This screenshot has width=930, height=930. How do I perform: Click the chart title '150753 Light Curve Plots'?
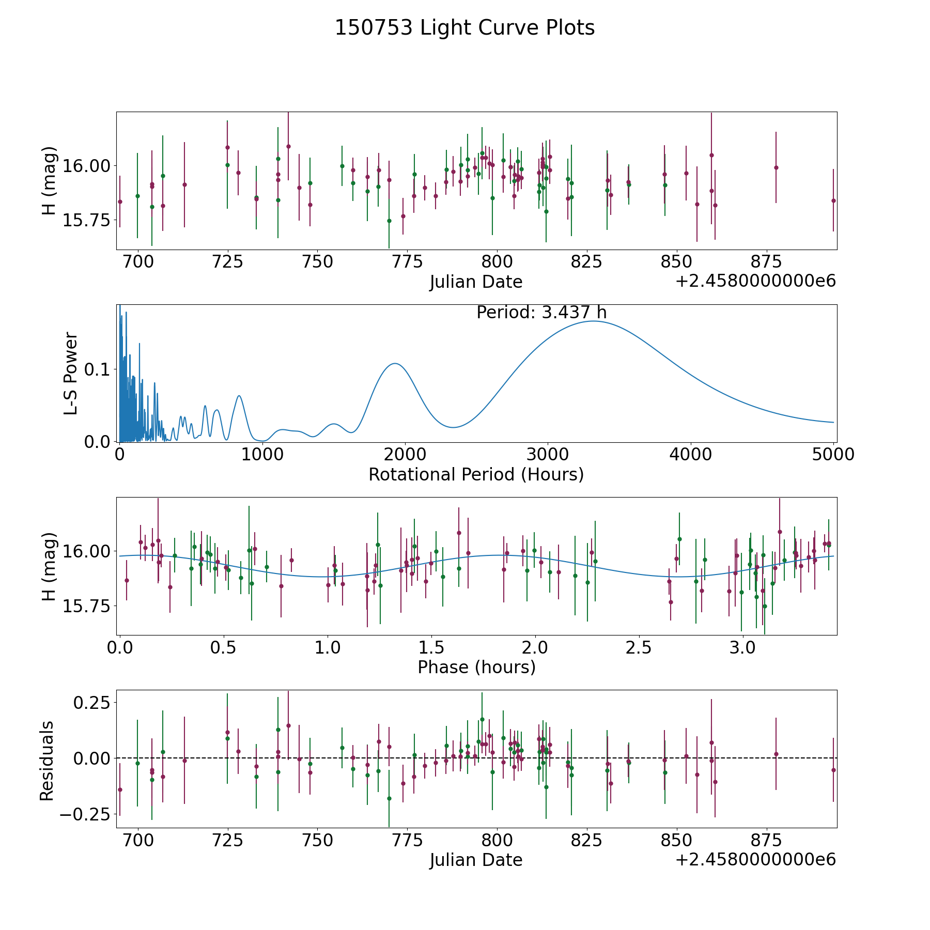coord(464,28)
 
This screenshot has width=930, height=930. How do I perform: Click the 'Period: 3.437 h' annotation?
coord(541,313)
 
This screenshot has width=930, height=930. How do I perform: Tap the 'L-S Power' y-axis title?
coord(71,373)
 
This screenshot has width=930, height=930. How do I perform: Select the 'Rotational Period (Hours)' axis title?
coord(476,474)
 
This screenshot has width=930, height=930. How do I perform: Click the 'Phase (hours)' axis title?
coord(476,667)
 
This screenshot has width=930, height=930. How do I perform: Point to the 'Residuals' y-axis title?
coord(47,761)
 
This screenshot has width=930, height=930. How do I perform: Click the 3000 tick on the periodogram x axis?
coord(547,454)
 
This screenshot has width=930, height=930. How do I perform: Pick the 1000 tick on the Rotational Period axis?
coord(262,454)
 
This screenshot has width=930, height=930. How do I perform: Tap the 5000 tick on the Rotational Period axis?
coord(833,454)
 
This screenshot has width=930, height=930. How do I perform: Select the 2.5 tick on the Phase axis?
coord(639,647)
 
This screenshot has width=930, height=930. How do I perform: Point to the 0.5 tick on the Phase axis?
coord(224,647)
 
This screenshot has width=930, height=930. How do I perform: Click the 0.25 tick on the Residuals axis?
coord(92,703)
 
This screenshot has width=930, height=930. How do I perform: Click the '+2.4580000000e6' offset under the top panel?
coord(755,282)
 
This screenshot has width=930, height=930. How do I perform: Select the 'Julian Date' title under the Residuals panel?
coord(476,860)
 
